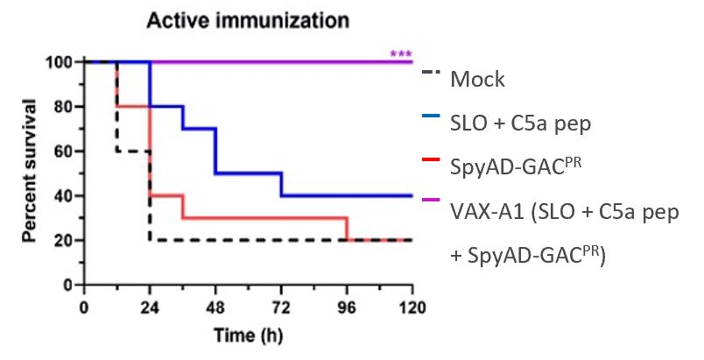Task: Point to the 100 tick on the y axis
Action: (60, 62)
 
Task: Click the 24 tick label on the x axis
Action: (150, 307)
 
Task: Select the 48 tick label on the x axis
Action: (216, 307)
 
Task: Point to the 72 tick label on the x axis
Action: (282, 307)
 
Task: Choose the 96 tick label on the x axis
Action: (348, 307)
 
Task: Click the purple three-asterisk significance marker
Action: (400, 55)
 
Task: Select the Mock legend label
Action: (477, 80)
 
